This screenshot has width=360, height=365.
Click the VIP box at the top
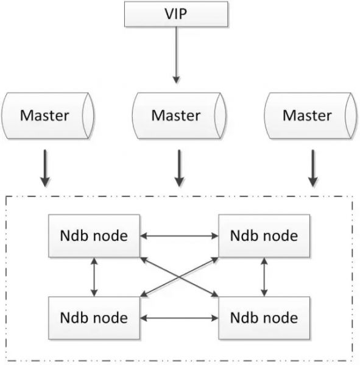[x=176, y=13]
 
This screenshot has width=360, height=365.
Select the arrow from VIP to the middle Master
[x=176, y=55]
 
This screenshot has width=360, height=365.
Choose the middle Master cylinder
[x=176, y=115]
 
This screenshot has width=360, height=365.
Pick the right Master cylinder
[x=308, y=115]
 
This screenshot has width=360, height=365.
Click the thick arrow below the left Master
[x=44, y=169]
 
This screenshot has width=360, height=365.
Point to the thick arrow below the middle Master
[x=178, y=169]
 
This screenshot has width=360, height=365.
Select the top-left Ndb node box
[x=94, y=235]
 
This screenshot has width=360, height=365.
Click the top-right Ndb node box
[x=264, y=235]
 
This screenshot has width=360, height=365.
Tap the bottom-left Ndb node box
[x=94, y=317]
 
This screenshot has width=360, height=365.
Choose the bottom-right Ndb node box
[x=264, y=317]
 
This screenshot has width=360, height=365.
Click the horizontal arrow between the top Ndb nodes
[x=179, y=235]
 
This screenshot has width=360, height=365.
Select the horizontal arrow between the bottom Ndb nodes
[x=179, y=317]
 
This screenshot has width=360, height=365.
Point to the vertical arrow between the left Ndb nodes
[x=93, y=276]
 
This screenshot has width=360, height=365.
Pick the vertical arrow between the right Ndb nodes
[x=263, y=276]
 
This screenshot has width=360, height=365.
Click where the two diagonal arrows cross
[x=179, y=276]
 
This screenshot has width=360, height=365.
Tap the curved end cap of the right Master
[x=350, y=115]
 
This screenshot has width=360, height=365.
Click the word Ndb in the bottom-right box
[x=243, y=317]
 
